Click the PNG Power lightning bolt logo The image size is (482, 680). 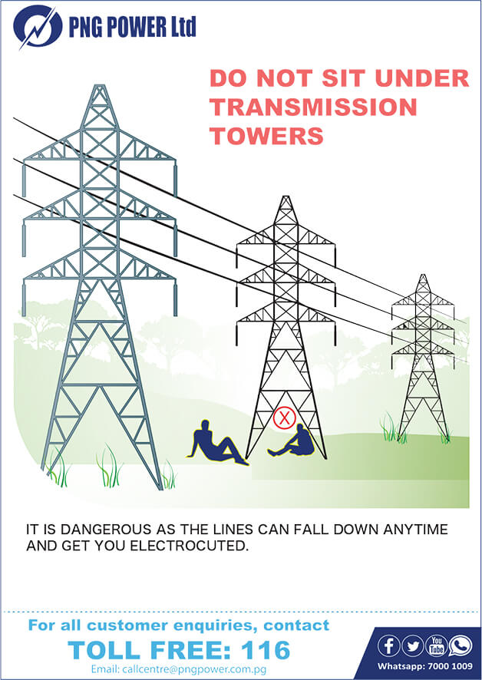click(x=35, y=27)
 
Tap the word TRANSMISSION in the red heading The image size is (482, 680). click(x=313, y=107)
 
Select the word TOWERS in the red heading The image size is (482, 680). click(x=266, y=136)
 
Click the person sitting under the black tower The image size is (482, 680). click(x=295, y=442)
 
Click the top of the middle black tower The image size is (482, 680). click(x=286, y=198)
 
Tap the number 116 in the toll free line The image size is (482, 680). click(x=266, y=651)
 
